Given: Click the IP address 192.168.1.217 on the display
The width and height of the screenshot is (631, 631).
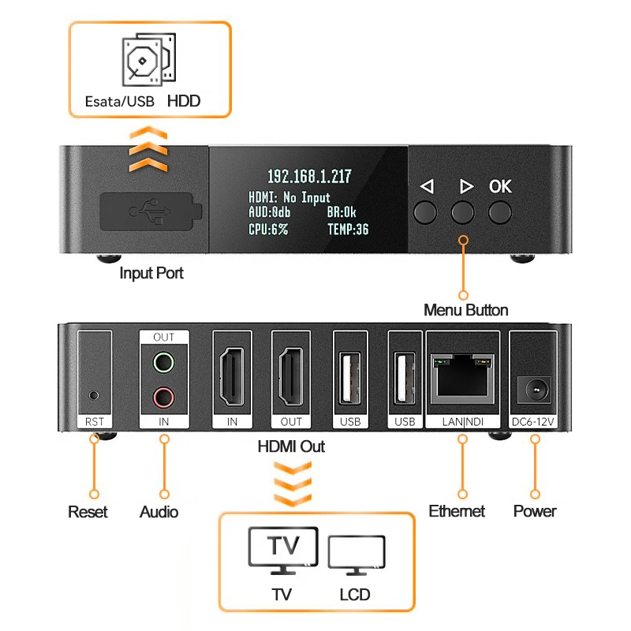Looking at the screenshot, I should click(309, 177).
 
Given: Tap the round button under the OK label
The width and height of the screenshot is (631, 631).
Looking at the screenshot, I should click(500, 211).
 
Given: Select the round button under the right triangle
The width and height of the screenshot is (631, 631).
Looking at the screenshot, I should click(463, 211).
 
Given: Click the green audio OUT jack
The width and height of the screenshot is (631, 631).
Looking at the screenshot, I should click(163, 363).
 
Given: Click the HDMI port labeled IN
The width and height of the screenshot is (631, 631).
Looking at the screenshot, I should click(232, 377).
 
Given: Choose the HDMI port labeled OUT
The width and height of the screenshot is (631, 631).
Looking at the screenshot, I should click(291, 377).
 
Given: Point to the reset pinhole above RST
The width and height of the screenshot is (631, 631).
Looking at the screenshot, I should click(94, 393).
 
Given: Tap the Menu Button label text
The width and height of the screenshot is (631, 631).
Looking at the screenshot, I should click(465, 310).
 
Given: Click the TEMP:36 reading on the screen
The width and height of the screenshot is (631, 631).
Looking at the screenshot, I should click(348, 230).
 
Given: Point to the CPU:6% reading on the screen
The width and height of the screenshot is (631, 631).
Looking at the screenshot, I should click(268, 230).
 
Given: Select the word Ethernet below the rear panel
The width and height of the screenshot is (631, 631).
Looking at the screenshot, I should click(457, 511).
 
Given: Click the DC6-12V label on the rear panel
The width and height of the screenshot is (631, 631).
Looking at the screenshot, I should click(534, 422).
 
